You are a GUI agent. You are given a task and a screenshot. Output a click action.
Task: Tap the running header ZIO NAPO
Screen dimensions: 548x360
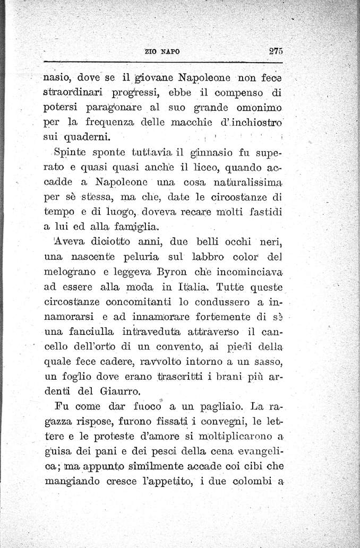(162, 52)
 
